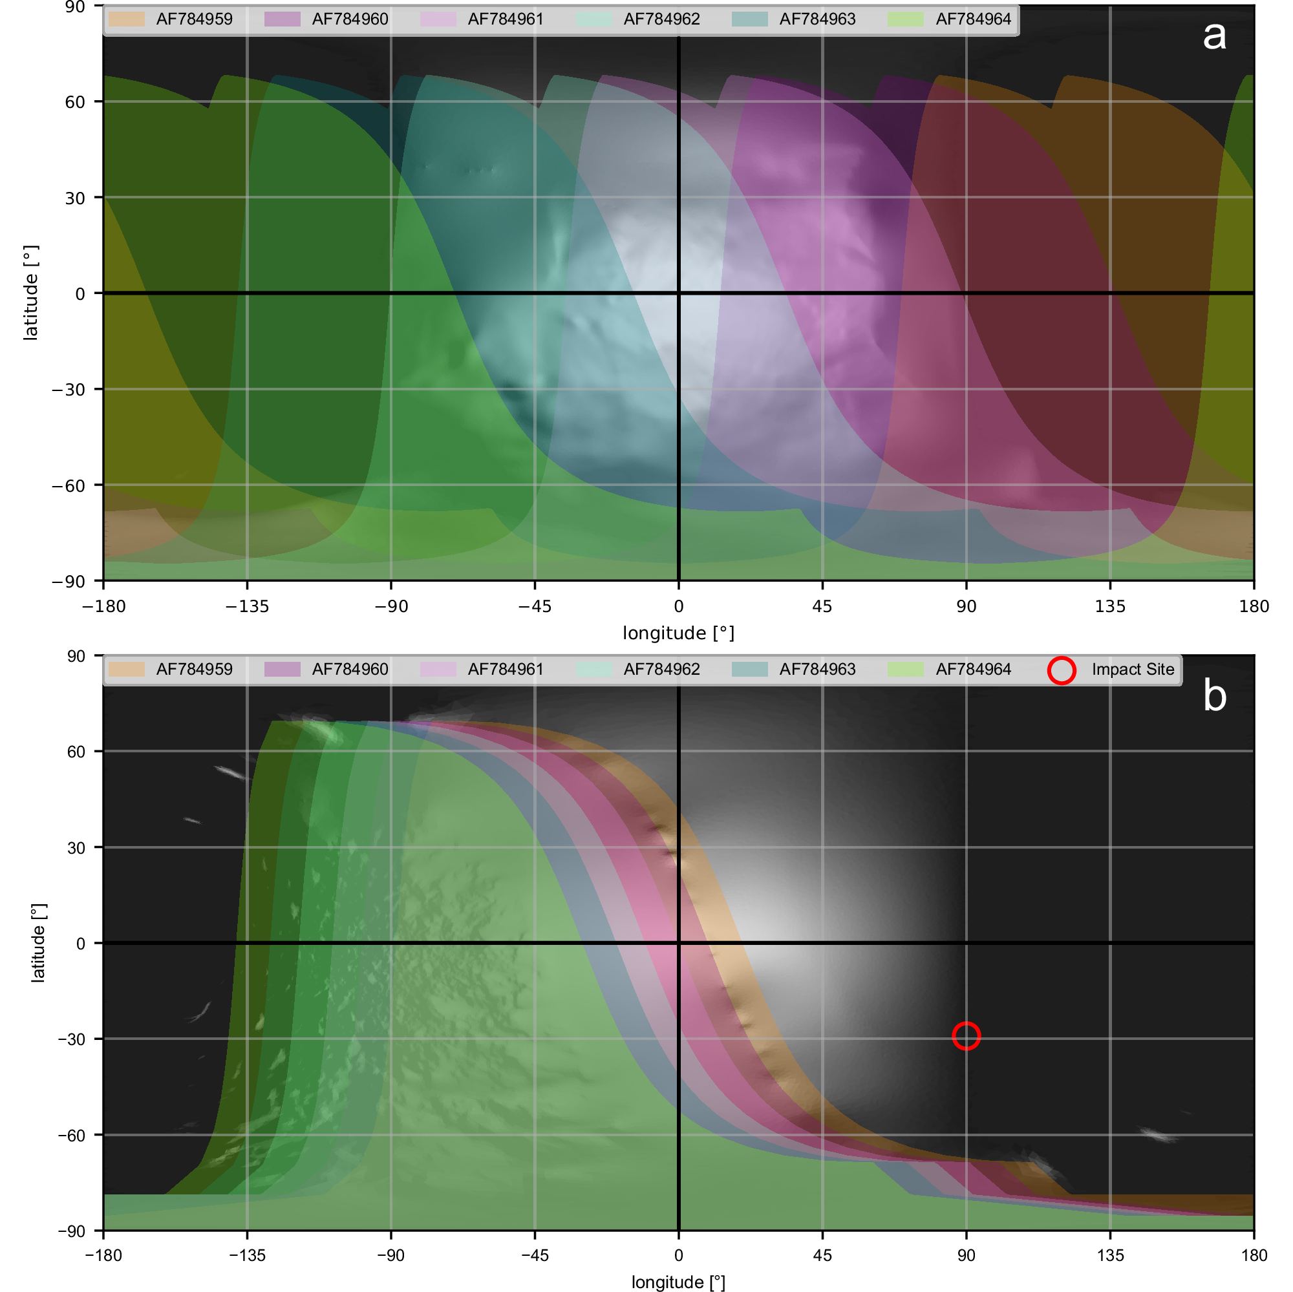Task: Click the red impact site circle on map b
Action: [x=966, y=1036]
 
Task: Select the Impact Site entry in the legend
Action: [x=1133, y=670]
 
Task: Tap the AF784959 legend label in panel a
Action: [x=194, y=19]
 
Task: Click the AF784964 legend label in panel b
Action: [x=973, y=670]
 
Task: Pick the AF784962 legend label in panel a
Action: [x=661, y=19]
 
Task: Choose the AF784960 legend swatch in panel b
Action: [x=283, y=670]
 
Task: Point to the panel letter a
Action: [x=1214, y=36]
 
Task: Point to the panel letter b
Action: [x=1214, y=696]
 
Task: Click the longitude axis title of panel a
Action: [x=678, y=633]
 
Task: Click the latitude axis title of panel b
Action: [x=39, y=943]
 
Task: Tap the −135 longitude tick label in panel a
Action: [x=247, y=607]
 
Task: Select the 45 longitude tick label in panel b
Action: [x=822, y=1256]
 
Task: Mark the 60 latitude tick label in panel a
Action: [x=75, y=102]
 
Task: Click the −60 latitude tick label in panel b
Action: [x=71, y=1136]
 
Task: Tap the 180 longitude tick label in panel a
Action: [x=1254, y=607]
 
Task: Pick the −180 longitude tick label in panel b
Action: [x=103, y=1256]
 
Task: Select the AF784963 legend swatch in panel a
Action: [x=749, y=19]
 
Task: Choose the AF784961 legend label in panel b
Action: [x=506, y=670]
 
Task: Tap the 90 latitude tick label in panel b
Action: [x=76, y=657]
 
